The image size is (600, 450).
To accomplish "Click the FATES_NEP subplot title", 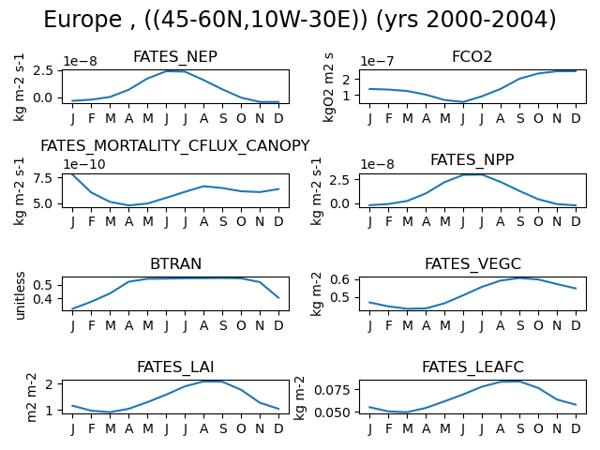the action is (175, 56).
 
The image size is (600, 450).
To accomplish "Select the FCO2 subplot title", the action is (472, 56).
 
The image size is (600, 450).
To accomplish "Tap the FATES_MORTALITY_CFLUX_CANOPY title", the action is (175, 146).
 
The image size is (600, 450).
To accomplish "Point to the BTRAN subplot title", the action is (175, 263).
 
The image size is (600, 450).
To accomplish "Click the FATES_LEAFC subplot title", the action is (472, 367).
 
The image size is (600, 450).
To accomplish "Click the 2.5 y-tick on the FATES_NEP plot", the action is (42, 71).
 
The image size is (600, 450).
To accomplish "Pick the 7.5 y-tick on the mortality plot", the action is (42, 178).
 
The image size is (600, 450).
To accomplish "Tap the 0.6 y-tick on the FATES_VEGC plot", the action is (339, 279).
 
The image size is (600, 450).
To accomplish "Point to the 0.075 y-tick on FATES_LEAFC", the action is (332, 390).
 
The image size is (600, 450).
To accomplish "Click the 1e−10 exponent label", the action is (84, 164).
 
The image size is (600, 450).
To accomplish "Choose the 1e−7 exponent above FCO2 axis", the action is (377, 61).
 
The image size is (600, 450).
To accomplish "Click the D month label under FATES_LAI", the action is (278, 428).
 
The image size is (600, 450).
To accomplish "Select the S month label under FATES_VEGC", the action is (520, 325).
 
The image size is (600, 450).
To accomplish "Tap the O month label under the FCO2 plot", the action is (538, 119).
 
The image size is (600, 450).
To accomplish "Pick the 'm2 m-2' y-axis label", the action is (31, 397).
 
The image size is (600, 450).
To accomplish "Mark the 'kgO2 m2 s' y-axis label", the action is (329, 87).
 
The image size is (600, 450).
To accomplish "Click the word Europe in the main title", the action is (82, 19).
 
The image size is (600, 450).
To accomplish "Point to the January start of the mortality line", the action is (73, 174).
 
